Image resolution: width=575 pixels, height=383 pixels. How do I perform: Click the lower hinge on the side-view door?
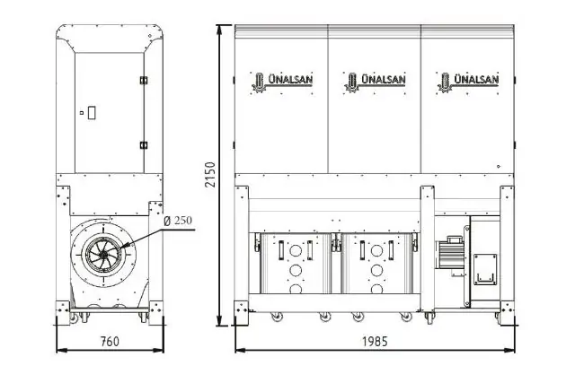tap(142, 144)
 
